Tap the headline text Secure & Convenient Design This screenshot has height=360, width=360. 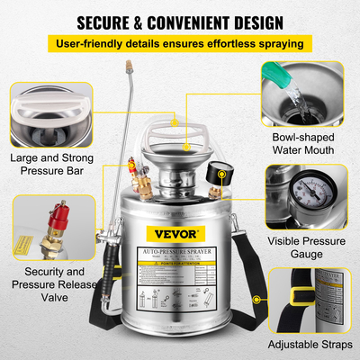(x=180, y=20)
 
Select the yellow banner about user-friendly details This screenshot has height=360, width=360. (x=180, y=43)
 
